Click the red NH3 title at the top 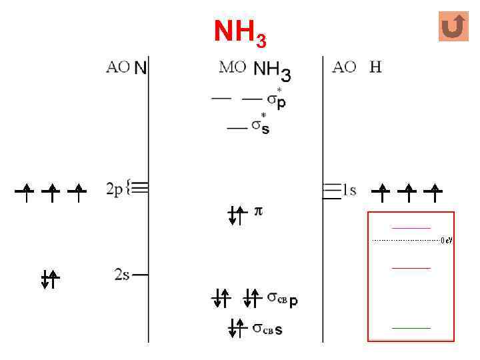point(240,32)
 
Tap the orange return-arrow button point(454,27)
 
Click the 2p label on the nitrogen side point(117,189)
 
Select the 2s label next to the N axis point(121,274)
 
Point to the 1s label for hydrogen point(349,191)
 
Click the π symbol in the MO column point(259,211)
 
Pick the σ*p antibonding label point(276,99)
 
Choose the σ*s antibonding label point(261,126)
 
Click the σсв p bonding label point(283,298)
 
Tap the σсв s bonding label point(268,328)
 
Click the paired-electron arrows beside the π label point(237,215)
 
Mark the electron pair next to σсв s point(237,327)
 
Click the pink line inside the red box point(411,228)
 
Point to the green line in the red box point(411,328)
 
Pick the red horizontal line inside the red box point(411,267)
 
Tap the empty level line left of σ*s point(236,127)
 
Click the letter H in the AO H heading point(375,67)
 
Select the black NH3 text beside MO point(272,69)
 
